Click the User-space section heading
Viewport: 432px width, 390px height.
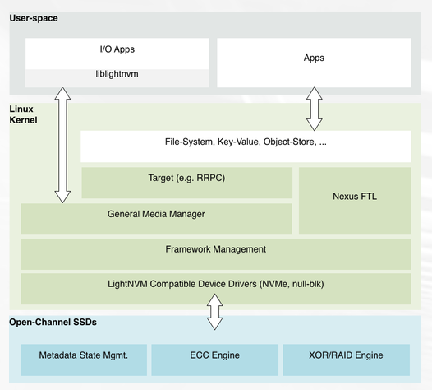[x=34, y=18]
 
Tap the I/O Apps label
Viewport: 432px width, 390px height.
[x=117, y=49]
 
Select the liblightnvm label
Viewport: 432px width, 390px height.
[x=117, y=74]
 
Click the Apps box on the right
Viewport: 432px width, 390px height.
[x=314, y=63]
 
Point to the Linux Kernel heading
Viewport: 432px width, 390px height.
[x=23, y=114]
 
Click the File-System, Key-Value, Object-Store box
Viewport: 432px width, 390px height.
[x=246, y=146]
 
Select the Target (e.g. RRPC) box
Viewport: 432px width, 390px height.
[x=186, y=183]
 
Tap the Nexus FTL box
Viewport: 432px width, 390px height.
[x=355, y=201]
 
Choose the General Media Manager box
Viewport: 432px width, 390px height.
[x=156, y=219]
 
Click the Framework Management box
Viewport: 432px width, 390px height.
[x=216, y=254]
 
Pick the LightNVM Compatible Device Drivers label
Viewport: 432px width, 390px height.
[x=216, y=284]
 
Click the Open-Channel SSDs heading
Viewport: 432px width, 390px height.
[x=53, y=322]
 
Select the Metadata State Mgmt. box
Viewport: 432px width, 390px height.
[x=84, y=360]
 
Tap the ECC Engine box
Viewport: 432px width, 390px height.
[x=214, y=360]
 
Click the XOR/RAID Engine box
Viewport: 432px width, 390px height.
[x=346, y=360]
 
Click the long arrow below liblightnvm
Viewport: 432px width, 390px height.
[x=62, y=145]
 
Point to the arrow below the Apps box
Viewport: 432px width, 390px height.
[x=314, y=109]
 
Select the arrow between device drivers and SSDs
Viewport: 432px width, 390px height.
[x=214, y=312]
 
